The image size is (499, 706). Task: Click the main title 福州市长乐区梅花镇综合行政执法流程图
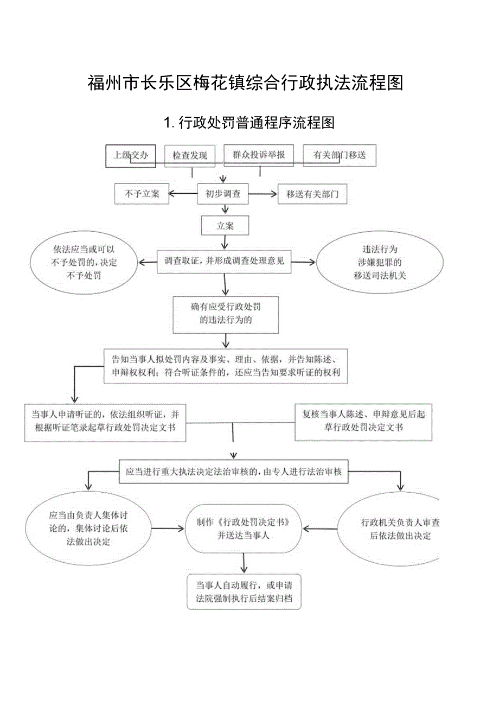[245, 83]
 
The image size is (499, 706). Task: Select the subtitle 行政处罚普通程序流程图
[249, 123]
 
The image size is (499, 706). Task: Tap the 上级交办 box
[130, 155]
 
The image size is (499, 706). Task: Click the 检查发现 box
[190, 156]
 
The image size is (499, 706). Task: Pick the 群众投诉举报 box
[259, 155]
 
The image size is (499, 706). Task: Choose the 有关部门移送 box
[339, 155]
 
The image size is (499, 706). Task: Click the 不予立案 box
[141, 194]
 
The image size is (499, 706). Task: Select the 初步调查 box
[223, 194]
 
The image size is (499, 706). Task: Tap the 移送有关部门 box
[312, 194]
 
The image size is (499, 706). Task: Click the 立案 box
[225, 226]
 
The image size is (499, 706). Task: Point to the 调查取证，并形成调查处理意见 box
[224, 261]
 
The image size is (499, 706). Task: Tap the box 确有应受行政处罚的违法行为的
[225, 313]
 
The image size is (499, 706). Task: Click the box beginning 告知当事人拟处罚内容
[225, 366]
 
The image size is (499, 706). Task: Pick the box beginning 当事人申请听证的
[105, 421]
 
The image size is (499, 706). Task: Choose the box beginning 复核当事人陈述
[363, 421]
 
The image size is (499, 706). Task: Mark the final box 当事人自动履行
[244, 591]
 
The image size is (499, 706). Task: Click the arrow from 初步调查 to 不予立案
[182, 194]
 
